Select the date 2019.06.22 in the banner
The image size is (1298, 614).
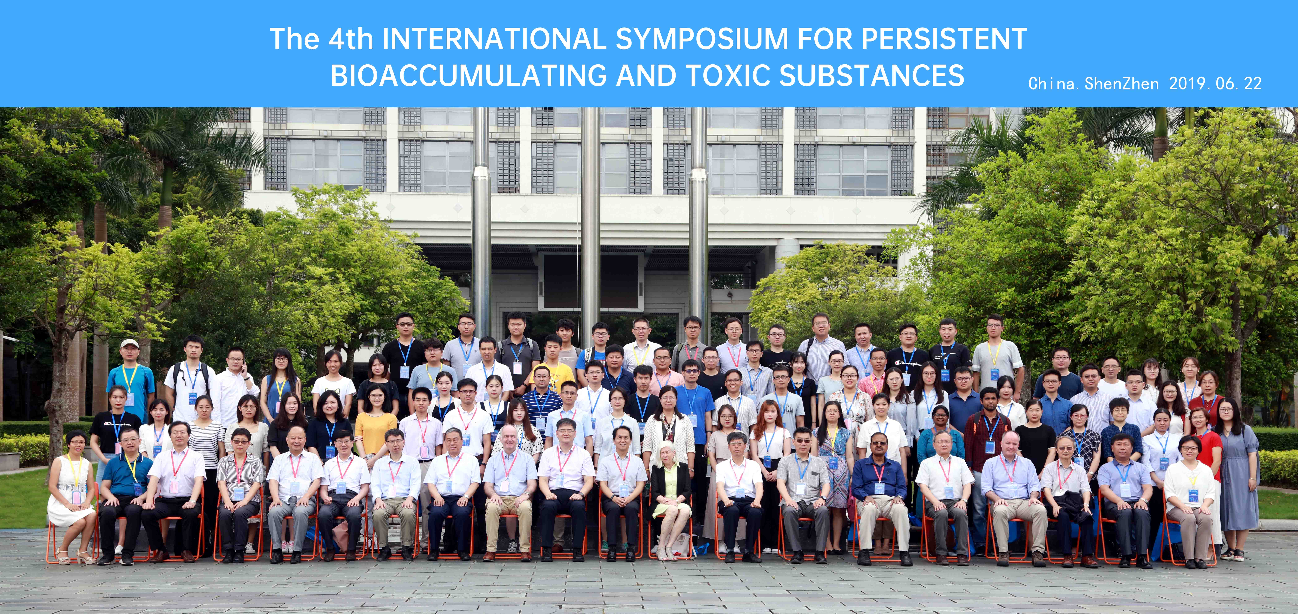[1215, 83]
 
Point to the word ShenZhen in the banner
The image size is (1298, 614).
[1122, 83]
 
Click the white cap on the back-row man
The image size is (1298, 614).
[129, 343]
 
